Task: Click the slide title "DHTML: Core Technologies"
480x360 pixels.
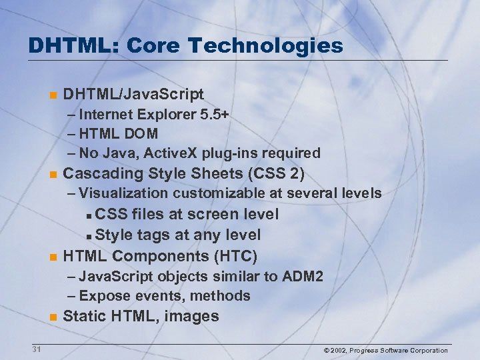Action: coord(185,45)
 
